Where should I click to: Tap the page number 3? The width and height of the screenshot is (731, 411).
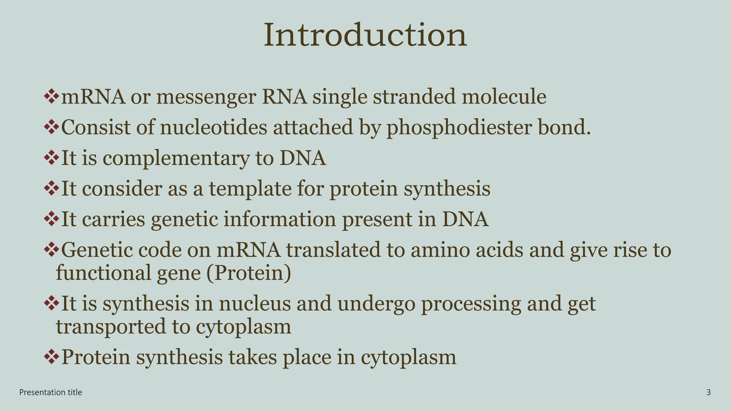point(709,392)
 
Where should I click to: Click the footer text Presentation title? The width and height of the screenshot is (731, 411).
point(51,392)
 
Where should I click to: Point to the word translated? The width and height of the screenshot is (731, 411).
point(345,250)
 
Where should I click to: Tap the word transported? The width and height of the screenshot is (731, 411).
point(111,327)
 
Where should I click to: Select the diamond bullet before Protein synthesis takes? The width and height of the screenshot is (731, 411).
point(51,356)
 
